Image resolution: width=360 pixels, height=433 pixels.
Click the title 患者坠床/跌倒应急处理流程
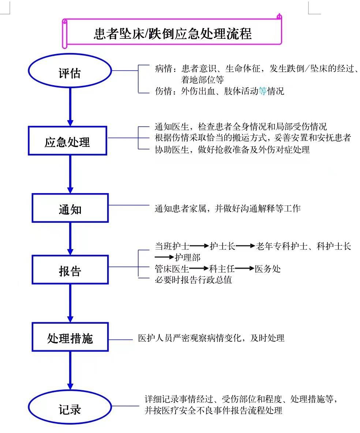pyautogui.click(x=173, y=34)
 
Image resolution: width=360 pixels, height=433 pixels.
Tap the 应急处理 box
pyautogui.click(x=67, y=141)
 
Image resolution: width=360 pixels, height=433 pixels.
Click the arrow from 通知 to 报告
pyautogui.click(x=70, y=239)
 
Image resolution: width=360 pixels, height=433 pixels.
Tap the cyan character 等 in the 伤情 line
pyautogui.click(x=263, y=91)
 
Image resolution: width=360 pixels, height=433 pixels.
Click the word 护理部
pyautogui.click(x=187, y=257)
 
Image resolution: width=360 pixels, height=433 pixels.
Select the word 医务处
pyautogui.click(x=268, y=269)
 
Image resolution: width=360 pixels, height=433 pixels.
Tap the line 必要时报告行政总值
pyautogui.click(x=194, y=280)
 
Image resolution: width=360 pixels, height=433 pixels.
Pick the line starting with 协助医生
pyautogui.click(x=232, y=150)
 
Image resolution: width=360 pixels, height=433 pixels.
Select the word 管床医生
pyautogui.click(x=172, y=269)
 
